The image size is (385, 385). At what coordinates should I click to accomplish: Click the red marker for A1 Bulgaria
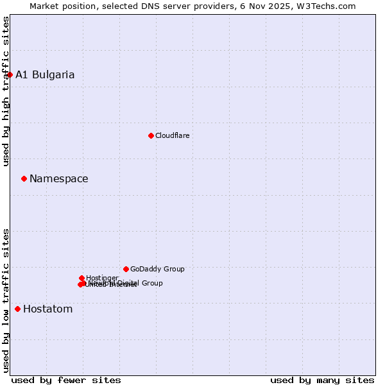[10, 74]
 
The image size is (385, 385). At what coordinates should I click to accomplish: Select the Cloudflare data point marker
[151, 135]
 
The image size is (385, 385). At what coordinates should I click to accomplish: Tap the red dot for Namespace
[24, 178]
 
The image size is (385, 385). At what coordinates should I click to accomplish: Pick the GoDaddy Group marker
[126, 269]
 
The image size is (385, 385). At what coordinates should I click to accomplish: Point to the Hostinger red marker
[82, 278]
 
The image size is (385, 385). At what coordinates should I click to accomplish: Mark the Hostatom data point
[17, 309]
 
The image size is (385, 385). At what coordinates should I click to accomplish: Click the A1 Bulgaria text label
[45, 74]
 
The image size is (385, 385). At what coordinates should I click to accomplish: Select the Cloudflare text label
[172, 135]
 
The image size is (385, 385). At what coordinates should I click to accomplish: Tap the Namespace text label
[59, 178]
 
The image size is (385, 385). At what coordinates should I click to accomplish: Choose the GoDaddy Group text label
[157, 269]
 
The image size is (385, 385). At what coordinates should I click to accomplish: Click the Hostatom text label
[48, 309]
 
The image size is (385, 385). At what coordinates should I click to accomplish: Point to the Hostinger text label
[103, 278]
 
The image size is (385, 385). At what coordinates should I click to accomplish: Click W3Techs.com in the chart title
[329, 6]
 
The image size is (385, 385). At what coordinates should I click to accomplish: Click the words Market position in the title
[60, 6]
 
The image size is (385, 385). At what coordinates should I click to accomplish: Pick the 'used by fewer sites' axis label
[66, 380]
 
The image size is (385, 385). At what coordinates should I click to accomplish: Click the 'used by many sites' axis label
[322, 380]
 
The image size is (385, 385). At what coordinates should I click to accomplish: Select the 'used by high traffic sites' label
[6, 91]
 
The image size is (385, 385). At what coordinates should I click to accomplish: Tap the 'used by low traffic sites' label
[6, 300]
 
